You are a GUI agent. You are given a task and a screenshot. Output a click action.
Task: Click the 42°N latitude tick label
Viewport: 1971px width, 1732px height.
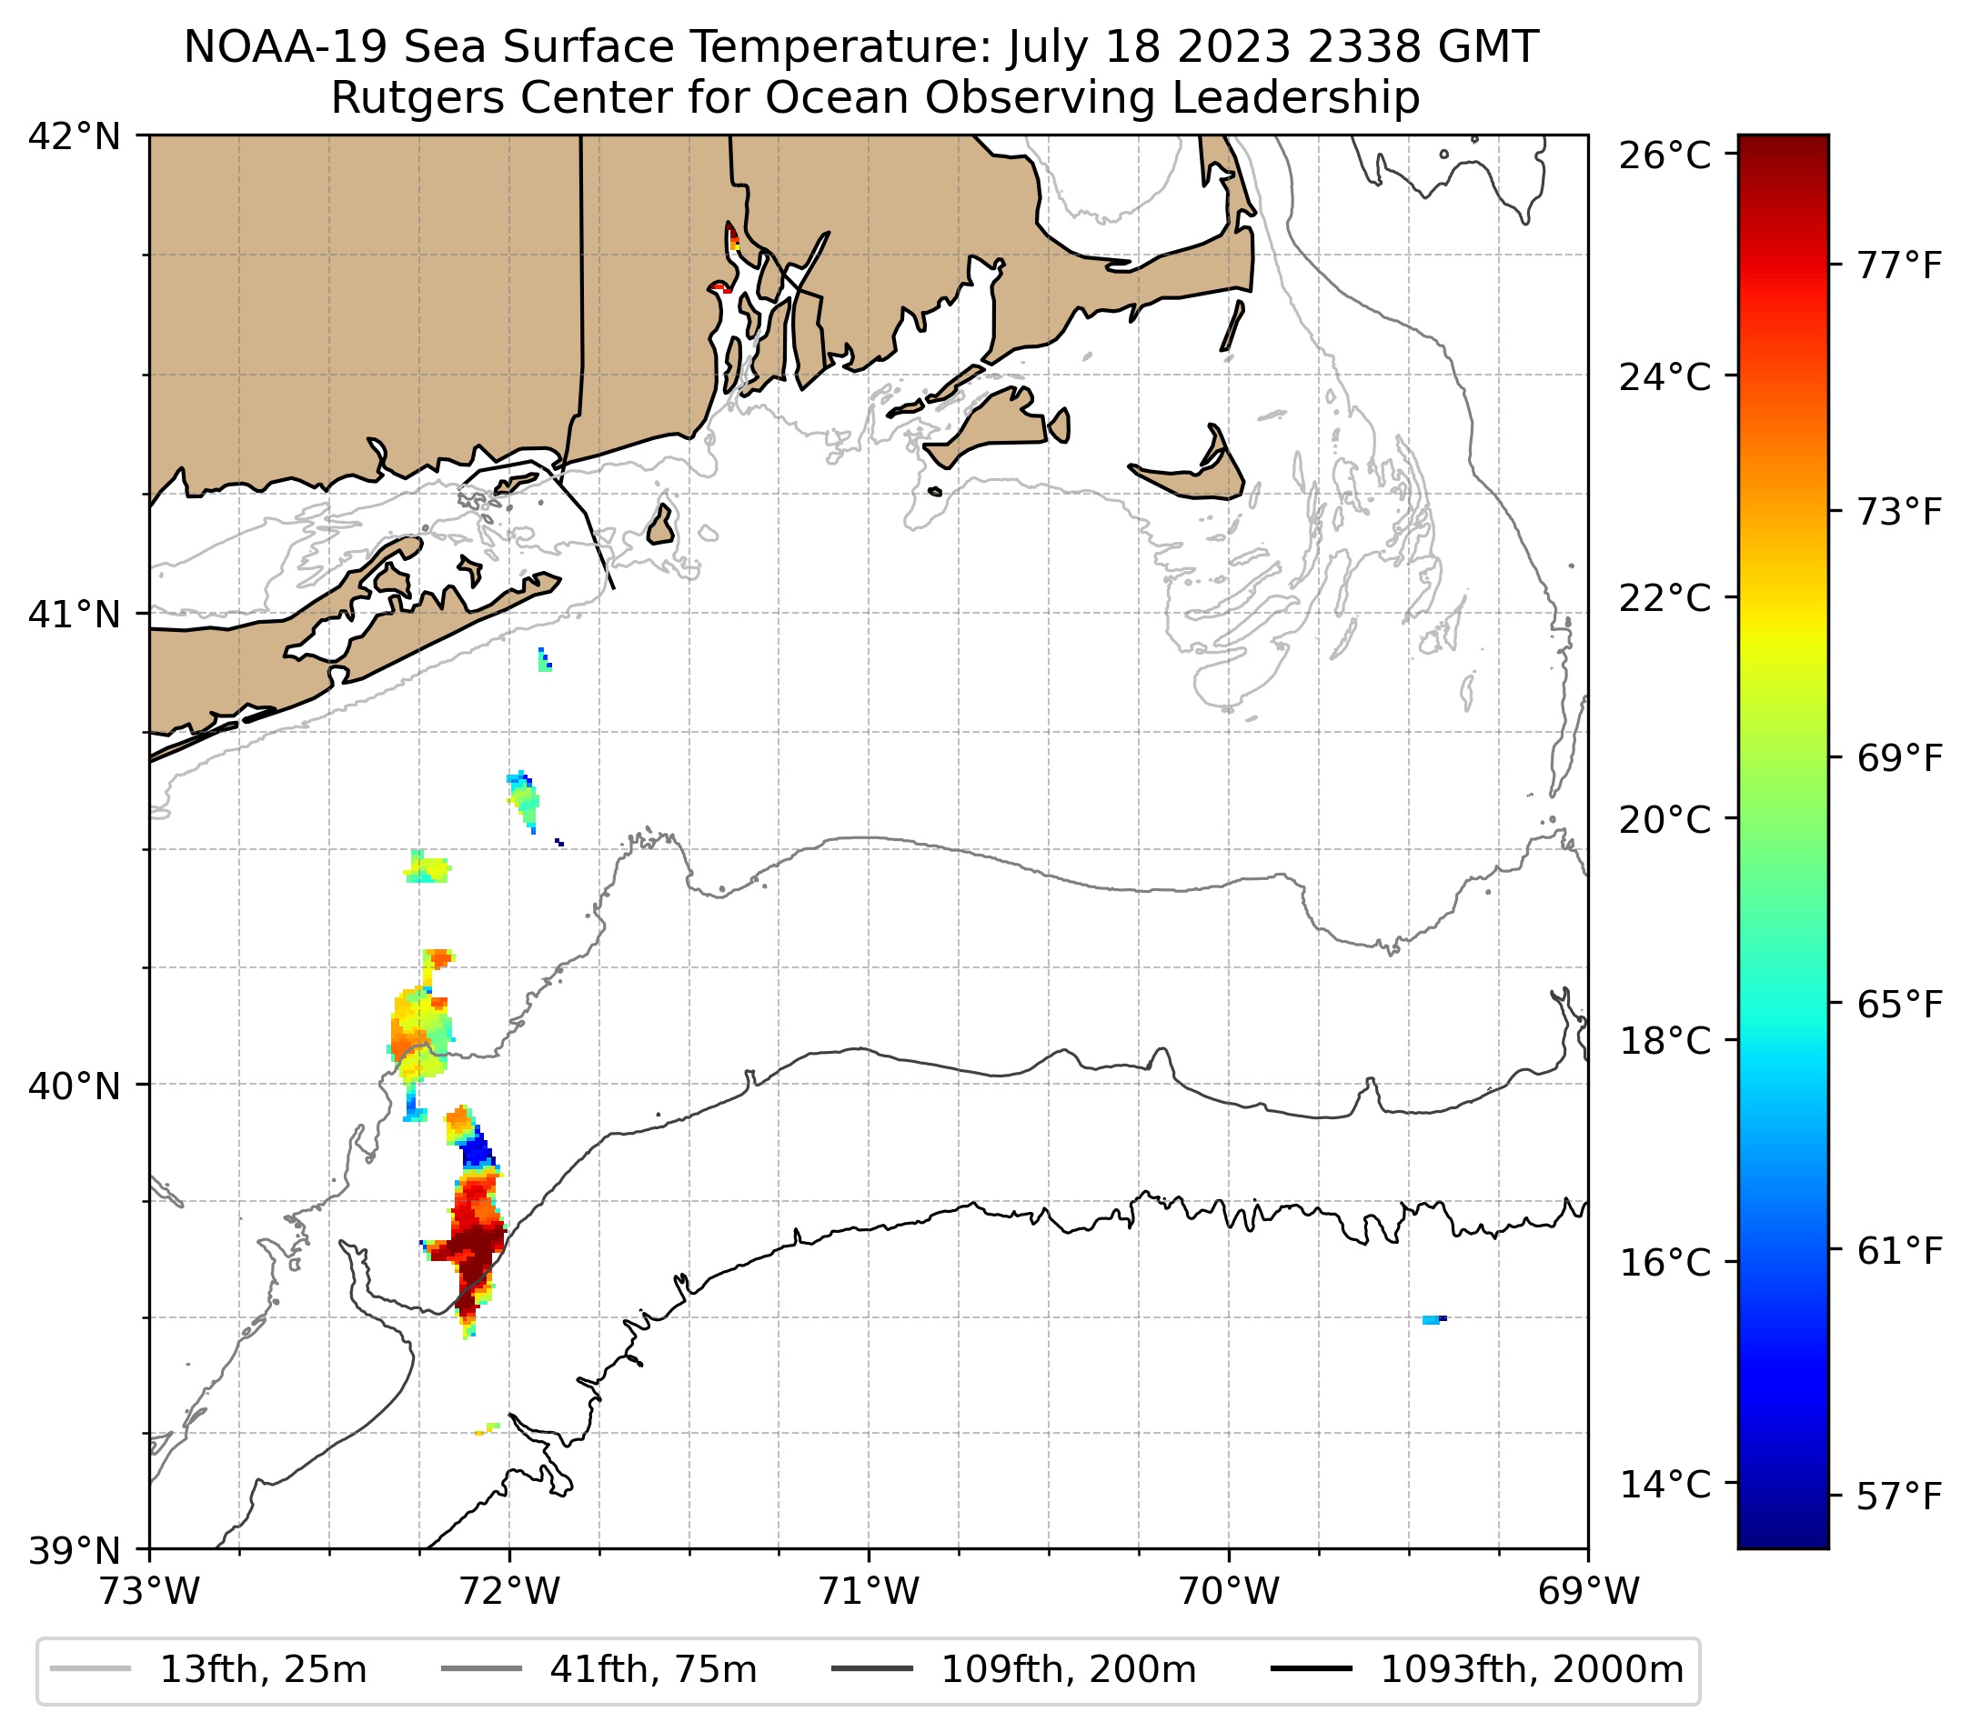click(75, 137)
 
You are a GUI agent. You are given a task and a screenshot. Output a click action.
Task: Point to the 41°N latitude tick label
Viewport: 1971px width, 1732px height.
click(75, 614)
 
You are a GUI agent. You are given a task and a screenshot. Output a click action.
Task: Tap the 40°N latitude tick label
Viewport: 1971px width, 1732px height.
click(75, 1086)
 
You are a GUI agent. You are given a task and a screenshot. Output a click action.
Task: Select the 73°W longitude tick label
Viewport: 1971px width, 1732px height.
click(149, 1591)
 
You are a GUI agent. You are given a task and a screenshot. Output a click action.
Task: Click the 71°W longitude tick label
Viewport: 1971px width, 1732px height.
click(869, 1591)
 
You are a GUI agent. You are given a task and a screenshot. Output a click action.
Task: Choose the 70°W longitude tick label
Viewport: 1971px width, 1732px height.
click(1230, 1591)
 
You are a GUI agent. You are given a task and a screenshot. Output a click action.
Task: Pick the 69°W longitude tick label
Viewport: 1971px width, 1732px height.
click(1588, 1591)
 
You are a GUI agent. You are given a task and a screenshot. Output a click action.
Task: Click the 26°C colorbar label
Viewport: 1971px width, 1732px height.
click(1664, 155)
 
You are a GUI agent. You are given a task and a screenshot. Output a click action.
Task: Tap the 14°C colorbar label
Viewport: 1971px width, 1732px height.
click(1664, 1483)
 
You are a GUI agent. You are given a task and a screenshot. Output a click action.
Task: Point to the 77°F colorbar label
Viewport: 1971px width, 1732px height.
click(1898, 265)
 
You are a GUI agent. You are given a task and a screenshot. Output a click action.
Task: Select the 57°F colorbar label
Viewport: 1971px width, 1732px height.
click(1898, 1497)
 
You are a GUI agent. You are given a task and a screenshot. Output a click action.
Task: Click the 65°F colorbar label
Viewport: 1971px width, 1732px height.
click(1898, 1005)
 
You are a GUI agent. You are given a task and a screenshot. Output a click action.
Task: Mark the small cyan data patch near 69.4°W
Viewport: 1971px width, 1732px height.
click(1431, 1319)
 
